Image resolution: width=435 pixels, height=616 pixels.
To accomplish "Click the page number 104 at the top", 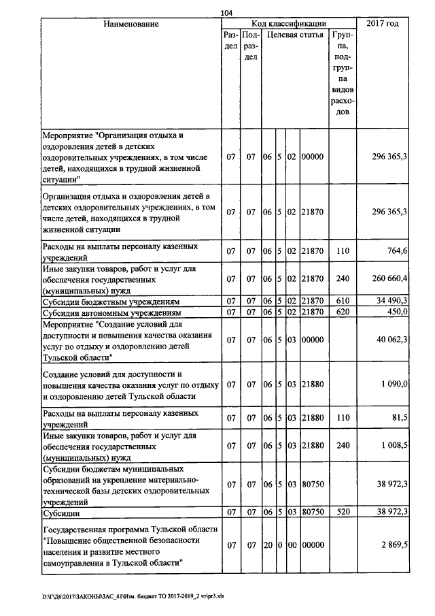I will (226, 13).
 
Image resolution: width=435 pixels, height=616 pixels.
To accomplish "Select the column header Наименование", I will (131, 25).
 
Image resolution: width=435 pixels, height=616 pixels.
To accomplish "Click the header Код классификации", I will (289, 24).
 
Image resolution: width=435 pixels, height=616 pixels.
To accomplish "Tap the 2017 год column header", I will (383, 25).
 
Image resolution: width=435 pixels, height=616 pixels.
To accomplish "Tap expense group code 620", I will (343, 312).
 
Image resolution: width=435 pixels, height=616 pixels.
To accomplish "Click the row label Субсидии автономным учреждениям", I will (112, 312).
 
